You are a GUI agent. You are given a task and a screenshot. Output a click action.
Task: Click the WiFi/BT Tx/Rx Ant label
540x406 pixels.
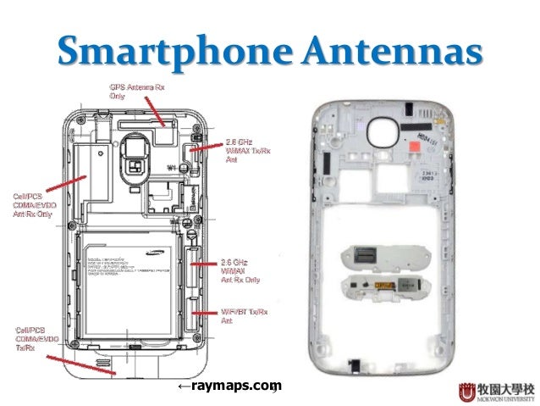click(245, 317)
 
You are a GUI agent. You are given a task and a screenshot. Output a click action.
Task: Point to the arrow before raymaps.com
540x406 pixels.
click(184, 387)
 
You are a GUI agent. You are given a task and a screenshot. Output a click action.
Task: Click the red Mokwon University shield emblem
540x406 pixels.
click(466, 392)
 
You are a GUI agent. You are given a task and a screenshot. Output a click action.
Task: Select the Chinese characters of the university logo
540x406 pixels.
click(505, 388)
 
